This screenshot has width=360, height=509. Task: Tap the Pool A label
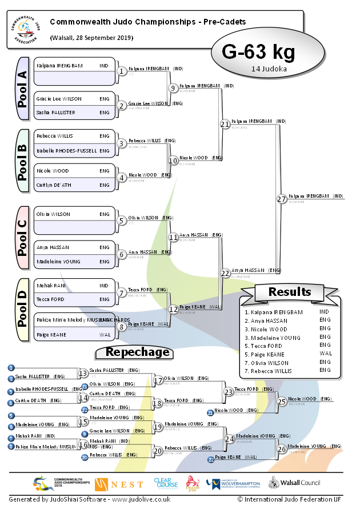(23, 89)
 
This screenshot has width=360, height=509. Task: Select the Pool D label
(23, 310)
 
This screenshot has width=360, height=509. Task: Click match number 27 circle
(281, 199)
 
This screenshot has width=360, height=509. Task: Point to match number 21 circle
(225, 123)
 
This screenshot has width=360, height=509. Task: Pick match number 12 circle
(173, 309)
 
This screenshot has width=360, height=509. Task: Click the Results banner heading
(290, 292)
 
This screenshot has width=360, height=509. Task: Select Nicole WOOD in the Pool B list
(53, 171)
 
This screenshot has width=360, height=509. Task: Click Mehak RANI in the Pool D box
(48, 285)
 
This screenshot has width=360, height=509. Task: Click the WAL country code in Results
(325, 354)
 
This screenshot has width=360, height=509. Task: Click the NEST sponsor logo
(119, 484)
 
